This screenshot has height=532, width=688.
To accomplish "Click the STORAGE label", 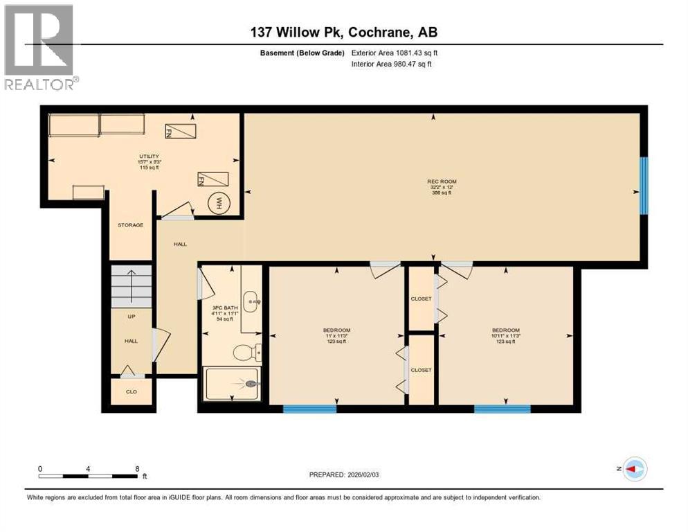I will (130, 225).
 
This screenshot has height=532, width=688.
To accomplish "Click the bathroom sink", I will (253, 302).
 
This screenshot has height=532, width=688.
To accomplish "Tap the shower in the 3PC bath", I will (233, 383).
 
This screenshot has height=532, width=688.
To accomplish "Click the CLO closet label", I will (131, 391).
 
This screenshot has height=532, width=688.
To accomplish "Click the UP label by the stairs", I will (130, 317).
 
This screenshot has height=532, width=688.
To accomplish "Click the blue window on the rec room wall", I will (644, 185).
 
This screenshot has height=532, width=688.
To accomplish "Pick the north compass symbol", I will (633, 469).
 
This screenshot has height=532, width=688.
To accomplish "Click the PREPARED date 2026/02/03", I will (345, 475).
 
